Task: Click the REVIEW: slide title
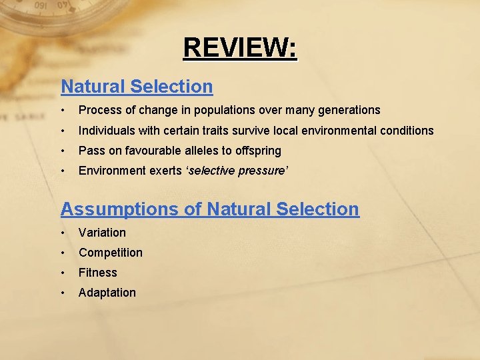[240, 48]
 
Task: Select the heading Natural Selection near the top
[137, 87]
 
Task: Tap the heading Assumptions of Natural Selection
[209, 209]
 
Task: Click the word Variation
[102, 233]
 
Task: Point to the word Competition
[111, 253]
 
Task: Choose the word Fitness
[98, 273]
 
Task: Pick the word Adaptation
[107, 293]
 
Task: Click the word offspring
[257, 151]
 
